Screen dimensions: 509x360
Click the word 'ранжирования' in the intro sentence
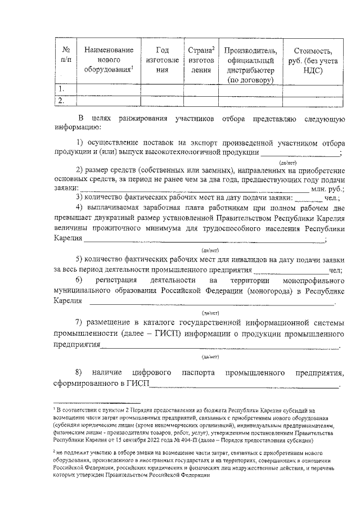tap(142, 118)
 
